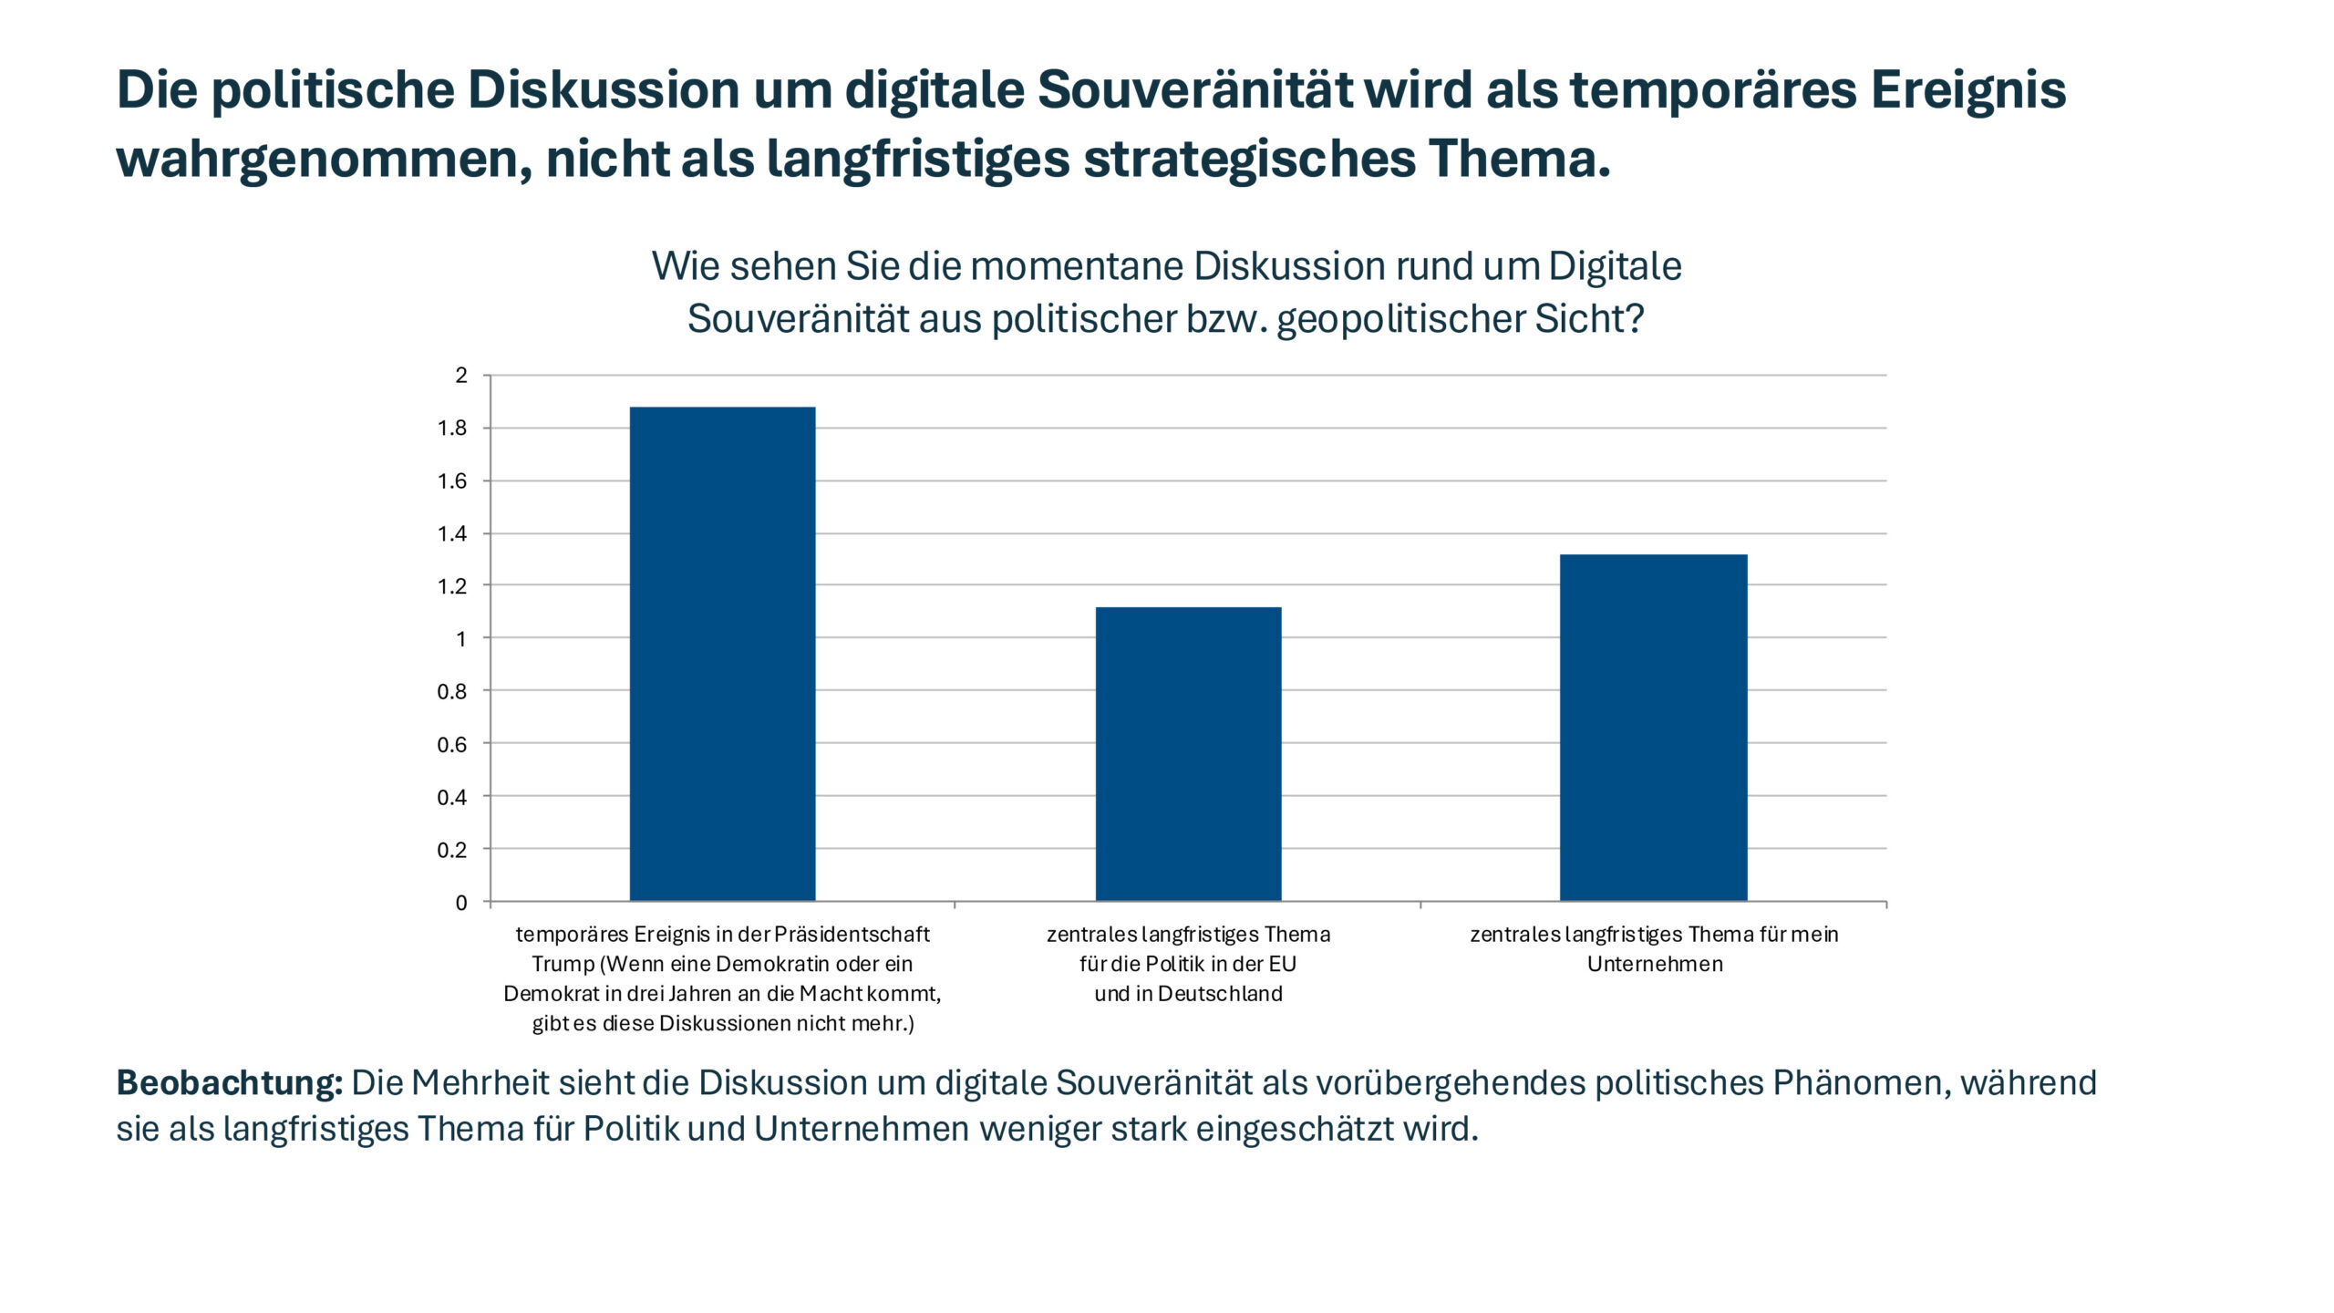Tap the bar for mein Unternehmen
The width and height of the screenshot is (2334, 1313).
1653,727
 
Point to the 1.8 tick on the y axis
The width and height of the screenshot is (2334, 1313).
452,429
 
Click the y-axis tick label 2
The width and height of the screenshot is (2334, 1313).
461,376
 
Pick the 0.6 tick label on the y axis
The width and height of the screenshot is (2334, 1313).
452,745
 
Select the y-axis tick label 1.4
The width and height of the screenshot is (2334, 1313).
452,534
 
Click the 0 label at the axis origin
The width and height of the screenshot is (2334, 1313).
461,903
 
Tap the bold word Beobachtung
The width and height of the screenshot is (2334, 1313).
229,1083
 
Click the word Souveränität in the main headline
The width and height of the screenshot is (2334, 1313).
1195,90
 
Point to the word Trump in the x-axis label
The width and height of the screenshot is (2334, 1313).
563,964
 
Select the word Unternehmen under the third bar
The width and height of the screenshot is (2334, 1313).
1655,964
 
